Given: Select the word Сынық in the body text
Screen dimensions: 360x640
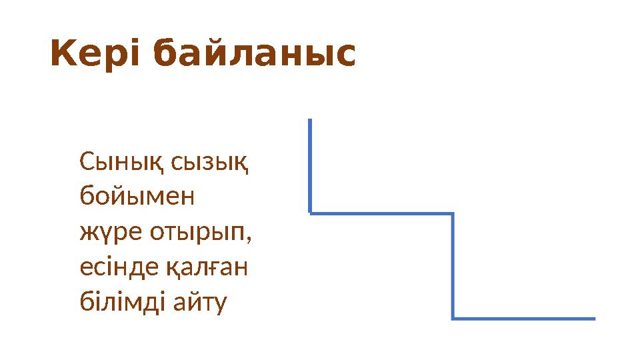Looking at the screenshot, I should (122, 162).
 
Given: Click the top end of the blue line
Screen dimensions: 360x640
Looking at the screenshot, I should (310, 121).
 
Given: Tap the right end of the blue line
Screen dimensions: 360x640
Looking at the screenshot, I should (594, 319).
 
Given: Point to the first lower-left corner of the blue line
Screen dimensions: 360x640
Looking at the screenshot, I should (311, 213).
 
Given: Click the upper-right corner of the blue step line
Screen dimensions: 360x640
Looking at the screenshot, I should (453, 214).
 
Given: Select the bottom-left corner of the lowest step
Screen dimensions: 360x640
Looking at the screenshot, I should (453, 318).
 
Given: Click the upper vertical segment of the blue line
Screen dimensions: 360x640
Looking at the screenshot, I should (310, 167).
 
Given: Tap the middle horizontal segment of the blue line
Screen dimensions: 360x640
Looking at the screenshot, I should (381, 214).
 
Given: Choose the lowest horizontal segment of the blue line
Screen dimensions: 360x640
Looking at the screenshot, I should (523, 319).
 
